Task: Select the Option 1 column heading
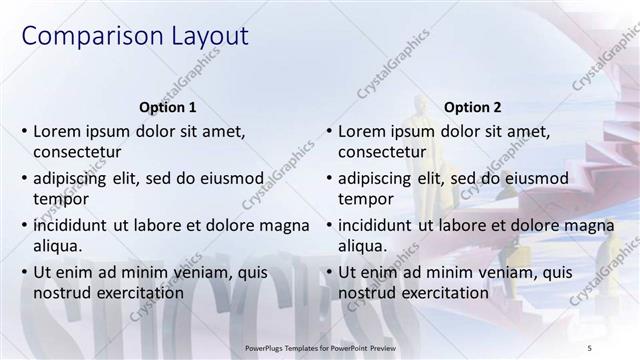tap(166, 107)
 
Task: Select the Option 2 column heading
tap(473, 107)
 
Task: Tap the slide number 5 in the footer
tap(589, 346)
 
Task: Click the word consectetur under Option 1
tap(78, 153)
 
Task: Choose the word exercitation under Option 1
tap(136, 293)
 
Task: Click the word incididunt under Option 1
tap(73, 224)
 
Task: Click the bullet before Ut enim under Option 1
tap(24, 271)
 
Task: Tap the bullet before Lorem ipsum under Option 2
tap(329, 131)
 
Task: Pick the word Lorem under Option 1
tap(59, 131)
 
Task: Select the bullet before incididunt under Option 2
tap(329, 224)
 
